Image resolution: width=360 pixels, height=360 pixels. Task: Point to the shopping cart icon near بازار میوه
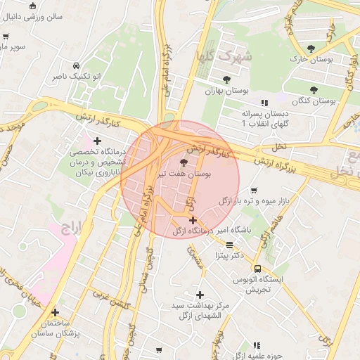point(253,190)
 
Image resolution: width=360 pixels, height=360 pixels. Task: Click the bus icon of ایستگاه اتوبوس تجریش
point(257,269)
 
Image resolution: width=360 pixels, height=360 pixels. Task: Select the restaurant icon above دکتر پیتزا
point(230,245)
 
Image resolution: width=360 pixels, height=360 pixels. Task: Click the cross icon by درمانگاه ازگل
point(193,220)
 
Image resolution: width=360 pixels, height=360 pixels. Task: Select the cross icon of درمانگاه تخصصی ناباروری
point(97,141)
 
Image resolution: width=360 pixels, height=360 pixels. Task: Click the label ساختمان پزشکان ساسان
point(57,327)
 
